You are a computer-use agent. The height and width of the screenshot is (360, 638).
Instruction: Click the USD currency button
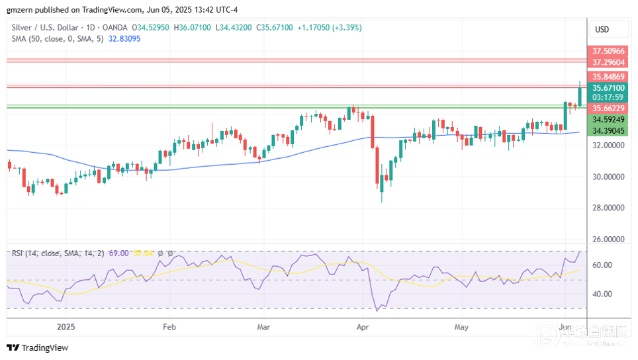[x=602, y=30]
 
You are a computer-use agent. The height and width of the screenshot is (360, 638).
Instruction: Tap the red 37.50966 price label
[x=608, y=51]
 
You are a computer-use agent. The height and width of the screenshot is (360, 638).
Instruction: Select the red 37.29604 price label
[x=608, y=62]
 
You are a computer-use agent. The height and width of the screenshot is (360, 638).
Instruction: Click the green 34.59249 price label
[x=608, y=120]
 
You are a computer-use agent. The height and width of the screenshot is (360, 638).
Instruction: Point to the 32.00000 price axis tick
[x=608, y=146]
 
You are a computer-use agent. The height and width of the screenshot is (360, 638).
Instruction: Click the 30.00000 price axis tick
[x=608, y=177]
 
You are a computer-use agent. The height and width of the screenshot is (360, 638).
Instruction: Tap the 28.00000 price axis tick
[x=608, y=208]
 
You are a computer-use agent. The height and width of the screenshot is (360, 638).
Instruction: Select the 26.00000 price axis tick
[x=608, y=239]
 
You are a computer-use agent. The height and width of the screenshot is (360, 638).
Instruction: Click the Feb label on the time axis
[x=169, y=327]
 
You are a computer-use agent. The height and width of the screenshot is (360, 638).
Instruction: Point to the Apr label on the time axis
[x=362, y=327]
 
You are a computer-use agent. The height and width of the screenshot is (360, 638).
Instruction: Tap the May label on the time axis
[x=461, y=327]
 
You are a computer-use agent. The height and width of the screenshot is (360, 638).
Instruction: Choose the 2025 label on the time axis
[x=66, y=327]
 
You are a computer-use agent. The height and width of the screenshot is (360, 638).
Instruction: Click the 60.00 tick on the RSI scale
[x=602, y=265]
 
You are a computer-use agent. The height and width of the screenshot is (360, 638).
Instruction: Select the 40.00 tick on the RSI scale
[x=602, y=294]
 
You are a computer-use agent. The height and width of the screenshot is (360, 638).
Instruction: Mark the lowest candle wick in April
[x=382, y=201]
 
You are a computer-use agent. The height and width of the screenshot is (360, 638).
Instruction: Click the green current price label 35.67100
[x=608, y=88]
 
